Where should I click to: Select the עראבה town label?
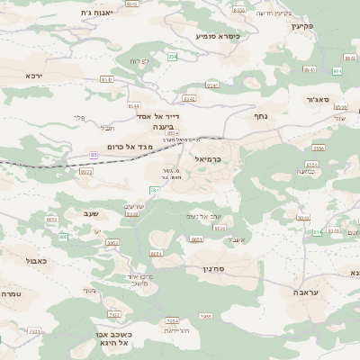[x=306, y=292]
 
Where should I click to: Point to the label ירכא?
[x=34, y=76]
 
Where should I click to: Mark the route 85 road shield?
[x=94, y=155]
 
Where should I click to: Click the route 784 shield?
[x=155, y=191]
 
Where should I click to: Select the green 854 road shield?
[x=172, y=57]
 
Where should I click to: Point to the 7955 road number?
[x=205, y=317]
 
